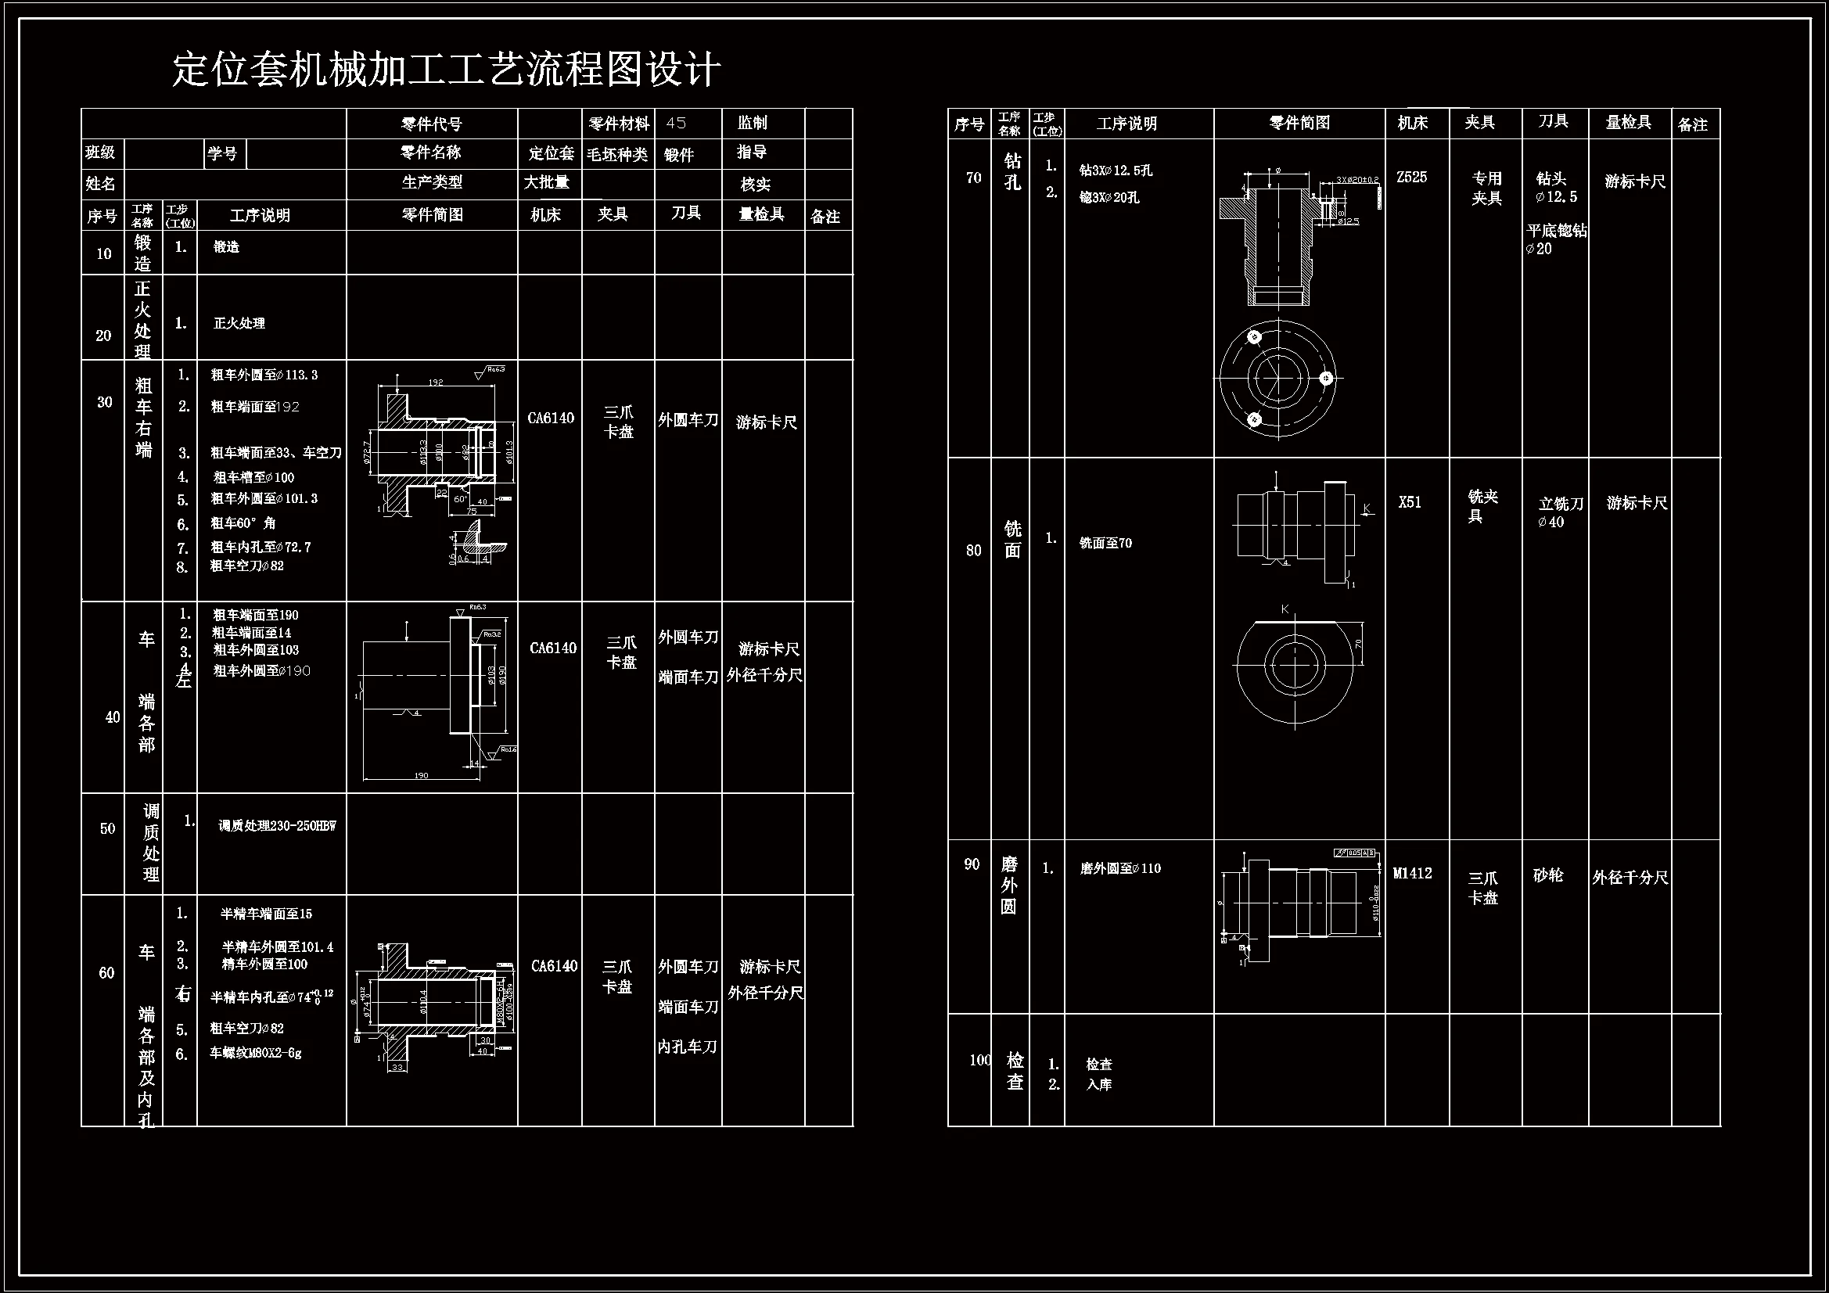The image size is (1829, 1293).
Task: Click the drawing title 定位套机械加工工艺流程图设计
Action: point(446,70)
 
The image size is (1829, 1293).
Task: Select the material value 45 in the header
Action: point(676,123)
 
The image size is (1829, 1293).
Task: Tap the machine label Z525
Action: point(1411,177)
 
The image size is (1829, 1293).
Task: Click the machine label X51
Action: point(1409,502)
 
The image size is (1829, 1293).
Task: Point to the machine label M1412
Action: point(1411,873)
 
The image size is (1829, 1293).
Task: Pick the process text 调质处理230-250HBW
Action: point(277,826)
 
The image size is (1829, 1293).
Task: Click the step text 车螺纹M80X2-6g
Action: point(255,1052)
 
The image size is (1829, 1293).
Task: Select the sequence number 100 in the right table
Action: point(979,1060)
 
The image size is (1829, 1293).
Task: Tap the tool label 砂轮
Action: point(1548,875)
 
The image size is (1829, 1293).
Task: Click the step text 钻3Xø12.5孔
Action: point(1116,171)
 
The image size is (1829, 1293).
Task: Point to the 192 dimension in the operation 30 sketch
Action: point(436,383)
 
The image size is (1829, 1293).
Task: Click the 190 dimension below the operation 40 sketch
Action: point(422,775)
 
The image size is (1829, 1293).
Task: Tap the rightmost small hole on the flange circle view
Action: point(1325,379)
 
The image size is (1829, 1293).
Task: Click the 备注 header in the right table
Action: point(1692,124)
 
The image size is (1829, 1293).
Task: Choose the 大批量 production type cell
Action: point(547,182)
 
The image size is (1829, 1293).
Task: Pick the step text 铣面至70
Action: point(1105,544)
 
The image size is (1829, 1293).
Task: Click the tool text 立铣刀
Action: point(1561,504)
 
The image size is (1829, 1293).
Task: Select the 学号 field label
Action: point(222,153)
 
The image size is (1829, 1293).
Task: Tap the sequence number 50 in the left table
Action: point(107,828)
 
